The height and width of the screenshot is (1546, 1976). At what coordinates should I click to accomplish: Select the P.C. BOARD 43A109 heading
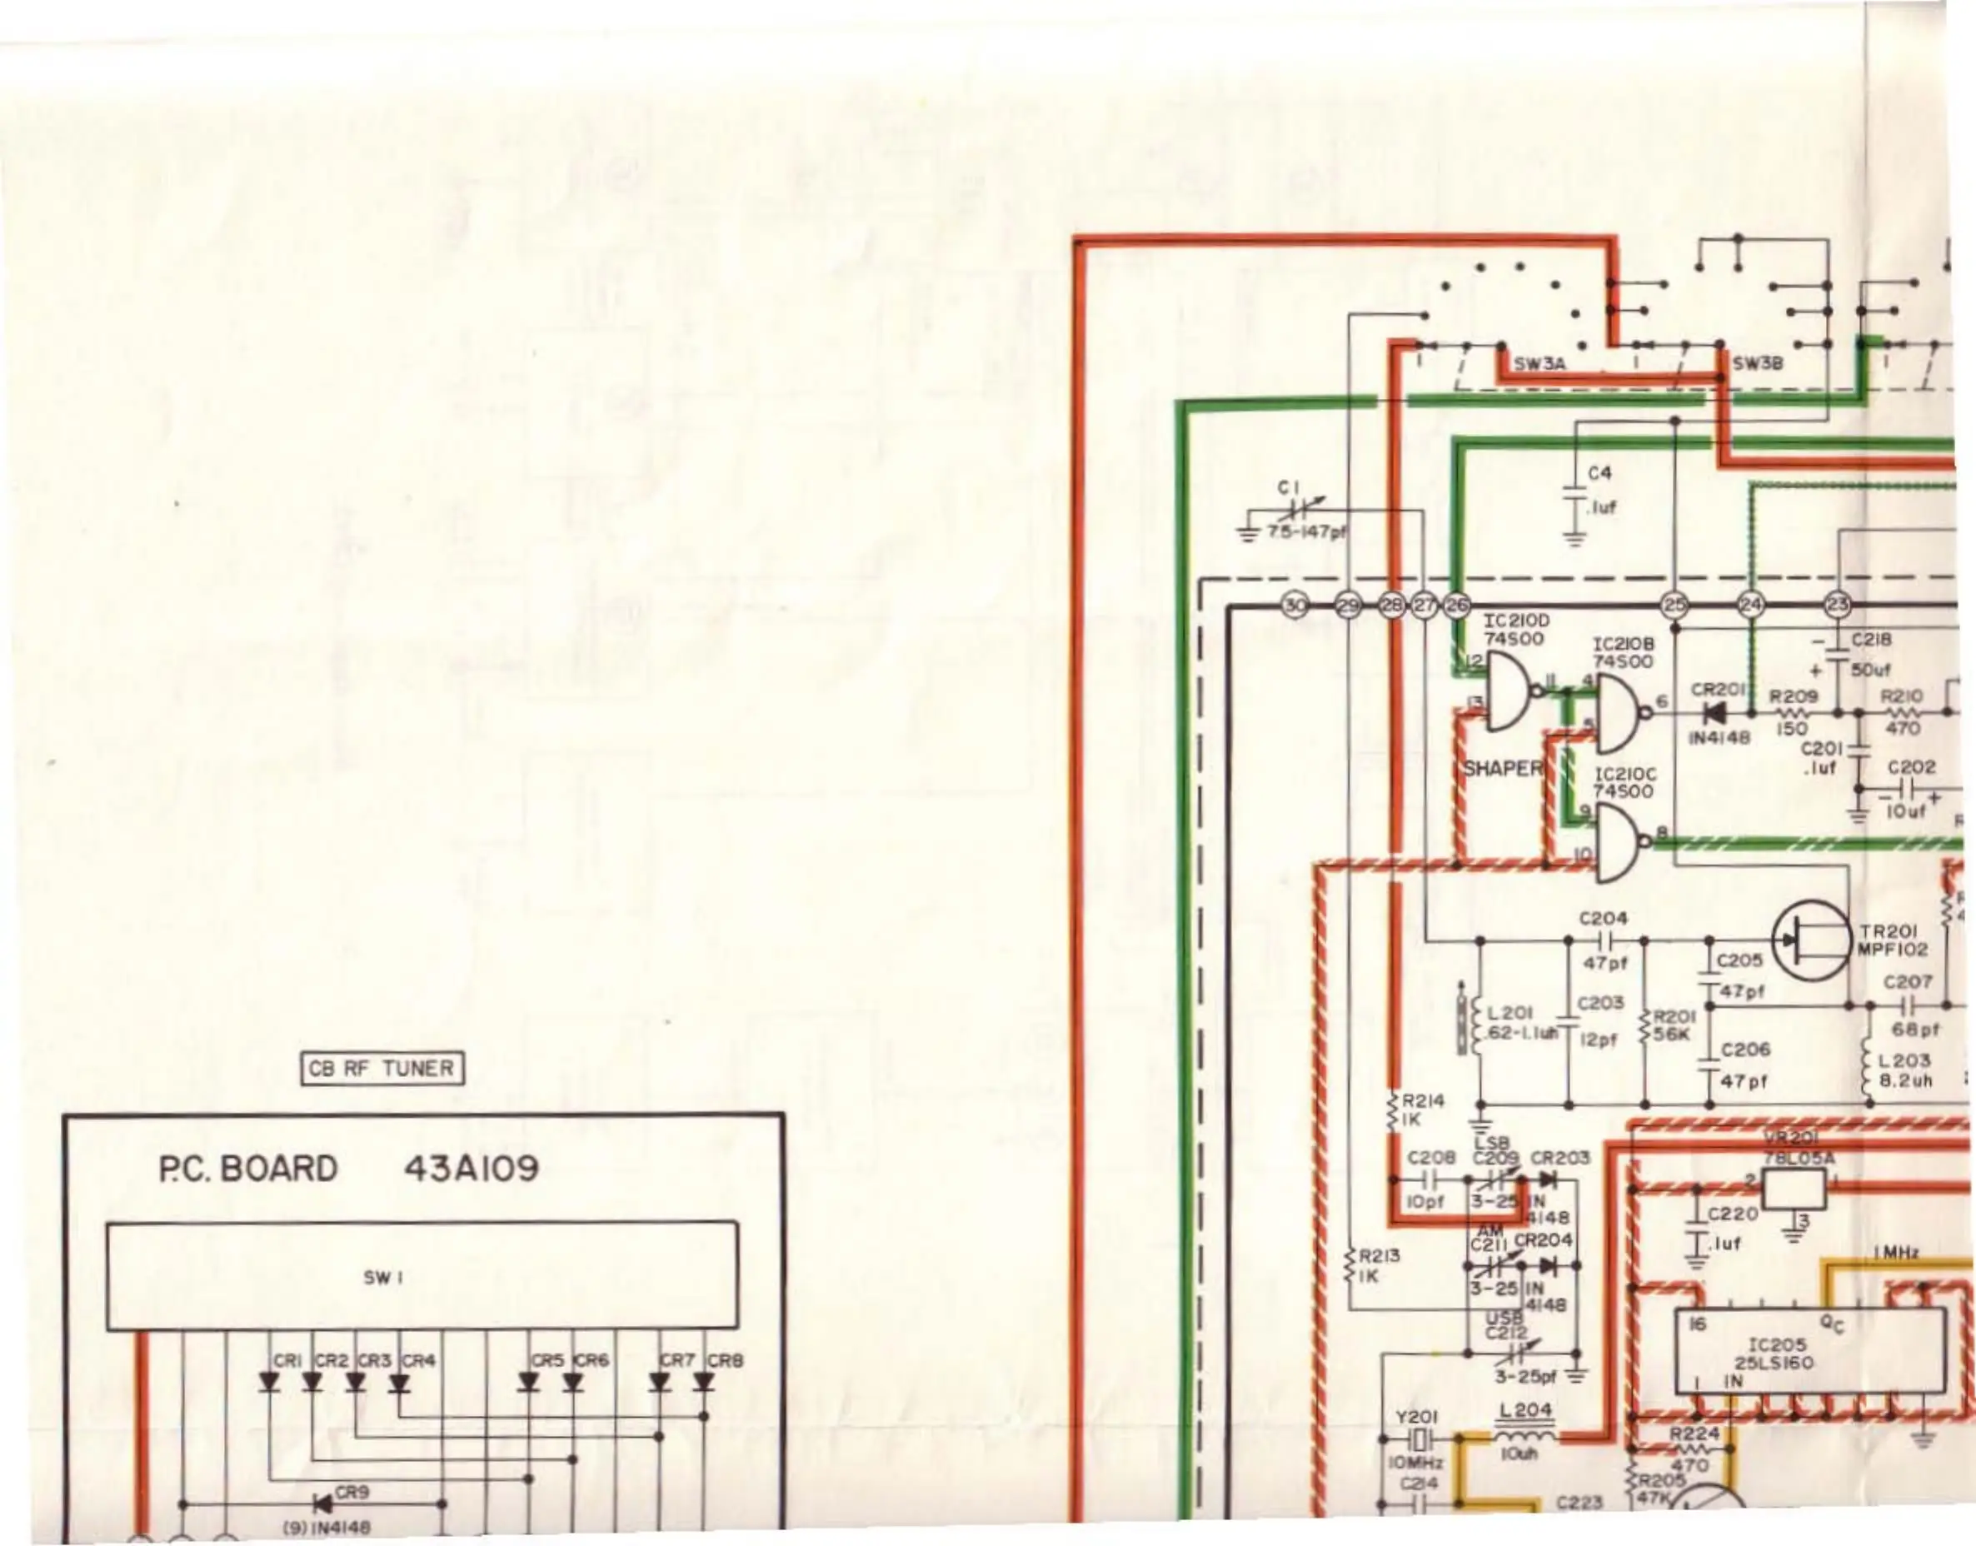tap(348, 1169)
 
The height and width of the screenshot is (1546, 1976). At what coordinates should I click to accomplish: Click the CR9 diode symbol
tap(322, 1504)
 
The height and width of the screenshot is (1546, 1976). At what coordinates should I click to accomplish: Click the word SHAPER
tap(1503, 769)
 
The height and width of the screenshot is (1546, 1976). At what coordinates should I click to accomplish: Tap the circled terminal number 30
tap(1295, 606)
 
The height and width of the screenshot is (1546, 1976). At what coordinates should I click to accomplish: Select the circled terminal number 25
tap(1674, 606)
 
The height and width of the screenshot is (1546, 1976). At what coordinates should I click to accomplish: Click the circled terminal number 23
tap(1838, 606)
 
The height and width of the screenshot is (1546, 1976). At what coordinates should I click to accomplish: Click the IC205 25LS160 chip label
tap(1774, 1354)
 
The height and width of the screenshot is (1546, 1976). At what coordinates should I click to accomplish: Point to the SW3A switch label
tap(1539, 364)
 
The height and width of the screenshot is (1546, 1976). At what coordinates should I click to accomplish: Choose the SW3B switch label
tap(1757, 364)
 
